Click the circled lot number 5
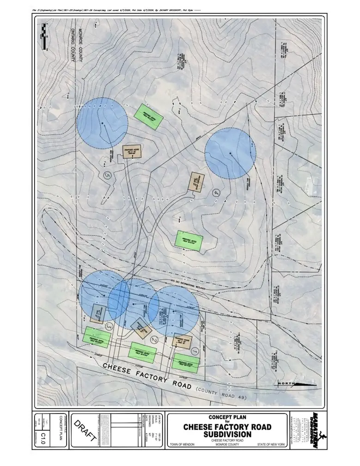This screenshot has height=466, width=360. (x=108, y=175)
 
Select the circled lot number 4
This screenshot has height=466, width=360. (x=216, y=193)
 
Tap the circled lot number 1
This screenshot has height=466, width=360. (x=195, y=351)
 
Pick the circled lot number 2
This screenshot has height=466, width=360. (x=154, y=340)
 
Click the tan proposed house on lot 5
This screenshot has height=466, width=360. (x=132, y=153)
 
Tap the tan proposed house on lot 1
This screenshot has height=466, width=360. (x=181, y=342)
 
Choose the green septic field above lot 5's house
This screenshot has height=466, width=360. (x=149, y=116)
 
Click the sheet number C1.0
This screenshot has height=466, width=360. (x=43, y=435)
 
